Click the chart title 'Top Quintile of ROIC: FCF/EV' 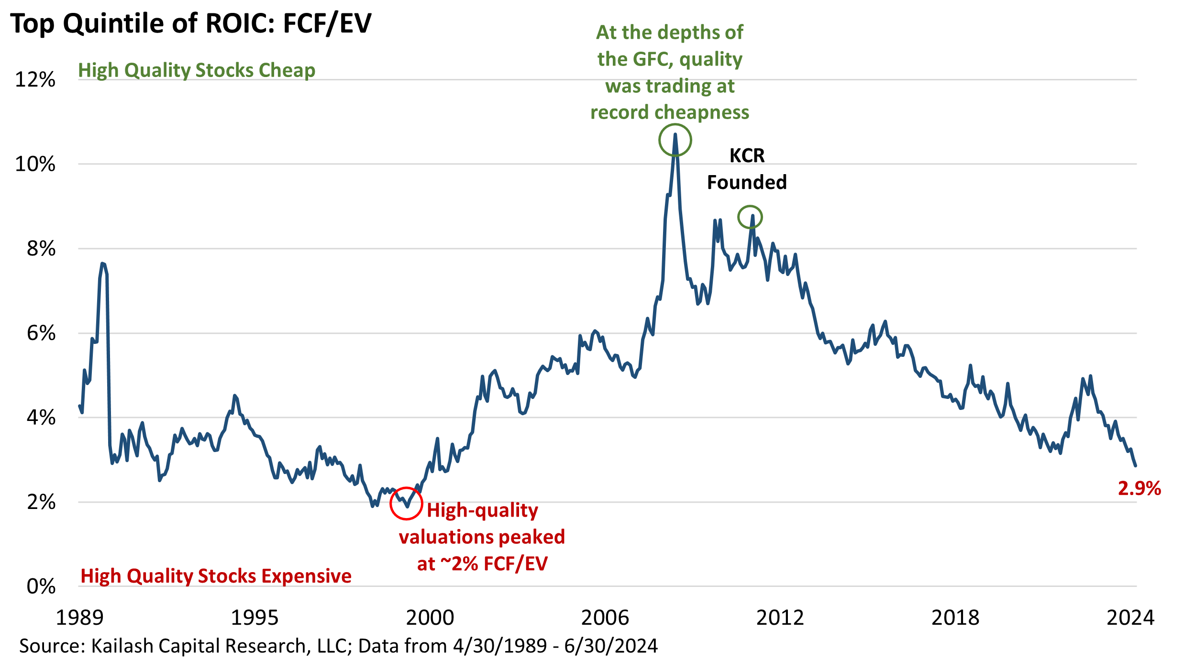(190, 24)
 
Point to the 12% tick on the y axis (35, 79)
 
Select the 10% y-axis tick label (35, 164)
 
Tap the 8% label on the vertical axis (41, 249)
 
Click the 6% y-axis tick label (41, 333)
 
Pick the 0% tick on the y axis (41, 586)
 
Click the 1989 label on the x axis (80, 618)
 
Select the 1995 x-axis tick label (255, 618)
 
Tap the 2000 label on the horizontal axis (430, 618)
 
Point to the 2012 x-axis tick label (780, 618)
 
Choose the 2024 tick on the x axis (1130, 618)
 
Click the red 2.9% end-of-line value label (1140, 488)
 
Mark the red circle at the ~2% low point (406, 503)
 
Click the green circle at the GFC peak (675, 140)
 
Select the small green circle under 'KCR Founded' (750, 218)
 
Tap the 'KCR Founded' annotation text (747, 169)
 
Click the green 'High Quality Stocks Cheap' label (197, 70)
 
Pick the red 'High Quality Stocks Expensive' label (216, 576)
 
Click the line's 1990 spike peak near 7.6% (103, 264)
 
